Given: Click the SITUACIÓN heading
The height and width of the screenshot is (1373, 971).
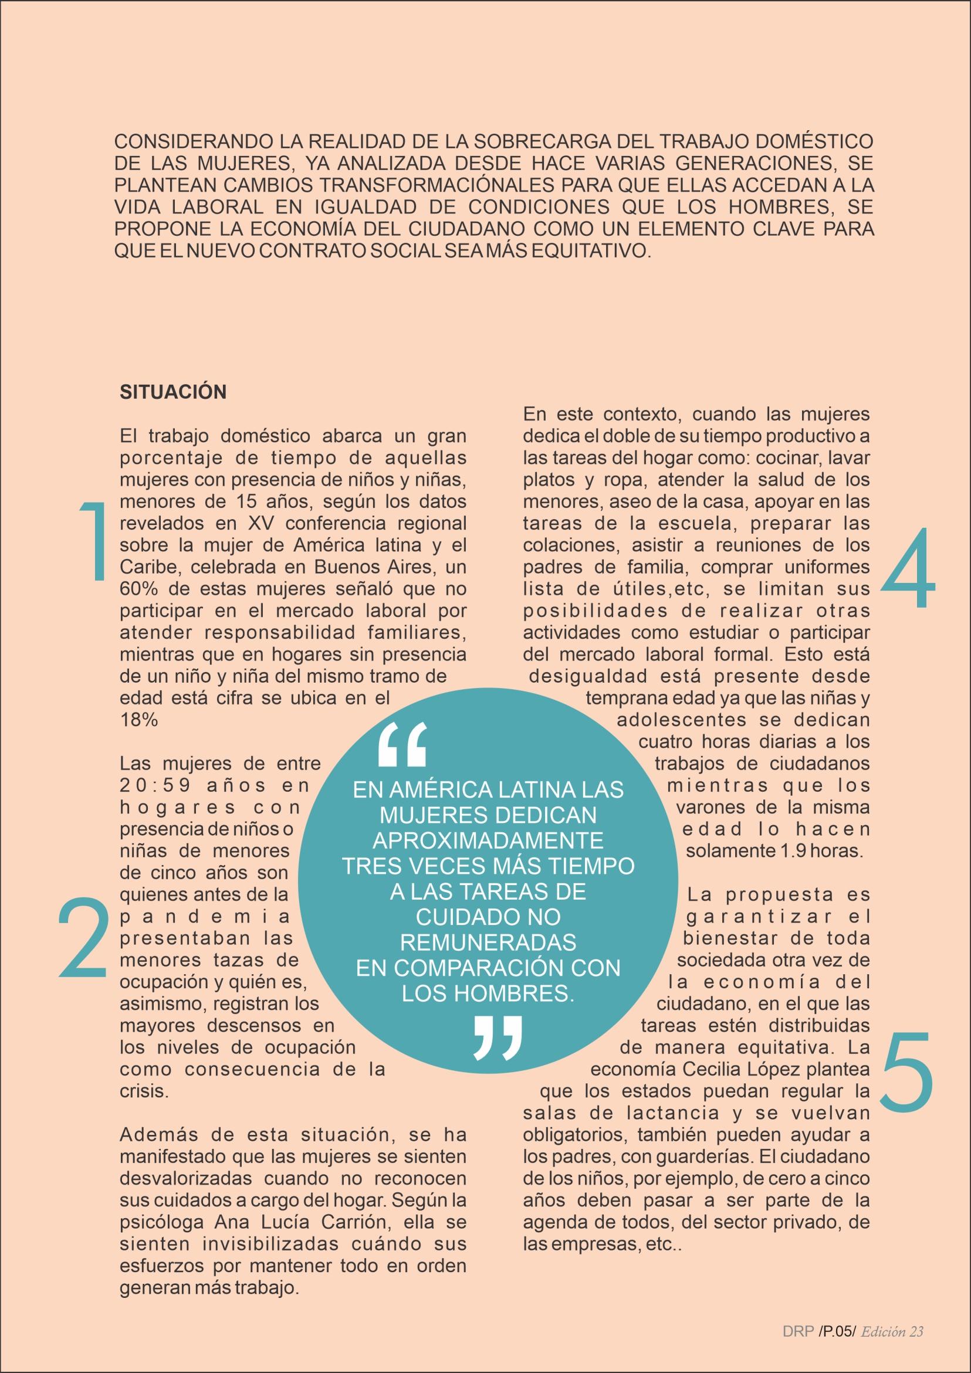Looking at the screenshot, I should (173, 392).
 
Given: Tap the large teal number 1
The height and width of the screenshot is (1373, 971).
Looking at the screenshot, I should (92, 541).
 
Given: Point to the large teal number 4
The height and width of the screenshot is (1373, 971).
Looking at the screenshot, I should (908, 568).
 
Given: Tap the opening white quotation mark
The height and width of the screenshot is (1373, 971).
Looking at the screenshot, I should (402, 744).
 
